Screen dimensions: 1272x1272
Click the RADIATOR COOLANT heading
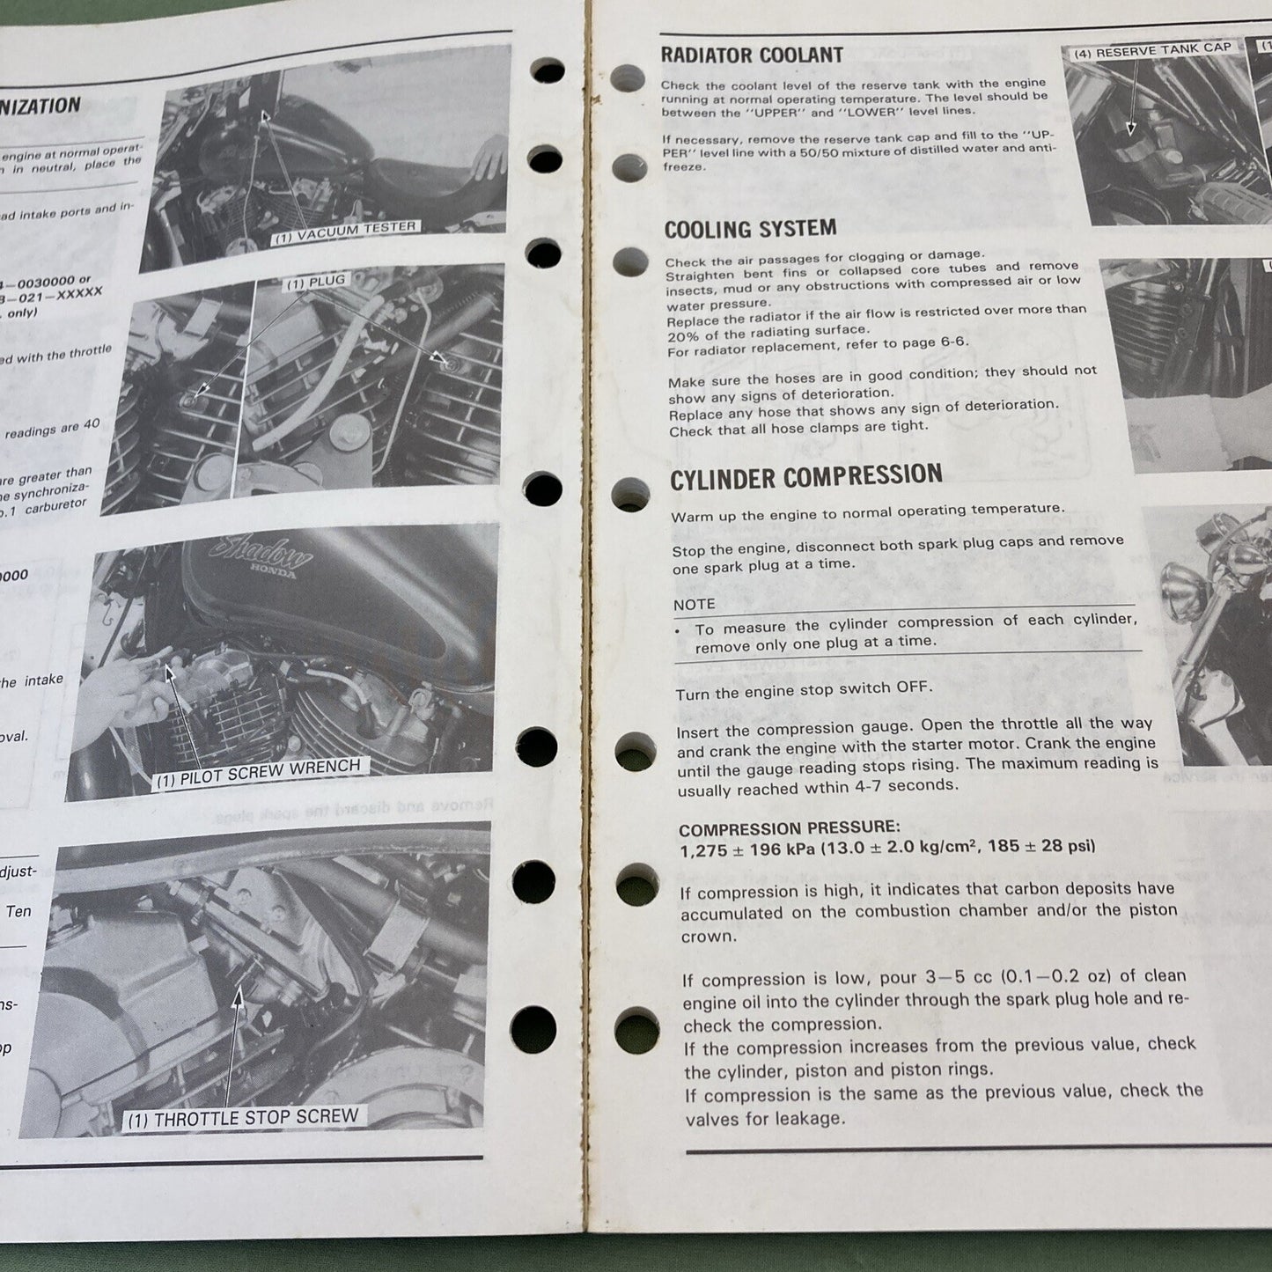pos(752,55)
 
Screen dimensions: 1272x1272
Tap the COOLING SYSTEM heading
pos(750,230)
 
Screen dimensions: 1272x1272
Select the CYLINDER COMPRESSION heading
pos(805,478)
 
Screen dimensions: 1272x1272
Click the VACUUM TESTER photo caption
pos(344,232)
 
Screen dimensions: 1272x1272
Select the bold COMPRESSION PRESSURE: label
pos(790,827)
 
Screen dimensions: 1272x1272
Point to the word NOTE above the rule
pos(695,605)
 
